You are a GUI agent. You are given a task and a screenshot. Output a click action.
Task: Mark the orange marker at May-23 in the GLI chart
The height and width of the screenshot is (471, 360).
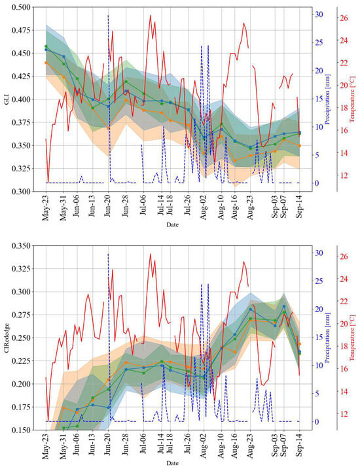click(46, 63)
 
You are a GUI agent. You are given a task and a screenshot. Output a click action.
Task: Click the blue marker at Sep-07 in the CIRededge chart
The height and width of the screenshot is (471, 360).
click(284, 306)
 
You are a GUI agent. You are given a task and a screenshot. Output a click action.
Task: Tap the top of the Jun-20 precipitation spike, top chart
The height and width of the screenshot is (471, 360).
click(108, 14)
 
